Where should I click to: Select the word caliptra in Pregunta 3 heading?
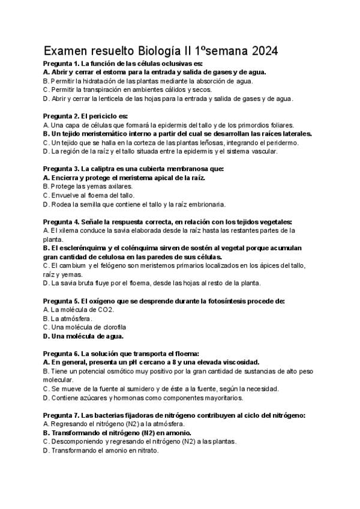tap(101, 169)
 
